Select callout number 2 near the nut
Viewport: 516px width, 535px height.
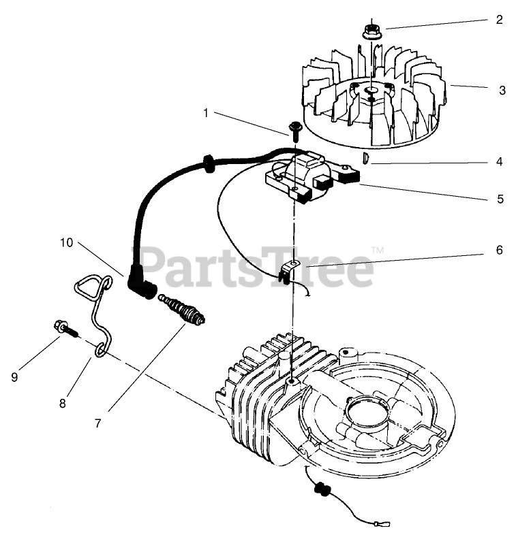click(x=499, y=20)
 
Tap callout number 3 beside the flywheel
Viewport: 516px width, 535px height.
click(x=502, y=90)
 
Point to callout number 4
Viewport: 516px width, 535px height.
click(x=499, y=162)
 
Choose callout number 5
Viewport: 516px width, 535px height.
click(x=500, y=199)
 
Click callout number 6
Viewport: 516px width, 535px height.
click(x=499, y=250)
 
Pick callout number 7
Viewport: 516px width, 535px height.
click(x=98, y=423)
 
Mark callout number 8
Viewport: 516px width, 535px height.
click(x=62, y=404)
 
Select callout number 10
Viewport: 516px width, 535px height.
click(x=65, y=242)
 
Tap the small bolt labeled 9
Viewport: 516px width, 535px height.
click(x=65, y=329)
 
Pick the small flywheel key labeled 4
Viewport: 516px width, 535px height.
click(x=365, y=159)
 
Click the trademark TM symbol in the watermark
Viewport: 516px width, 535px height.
click(x=377, y=251)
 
